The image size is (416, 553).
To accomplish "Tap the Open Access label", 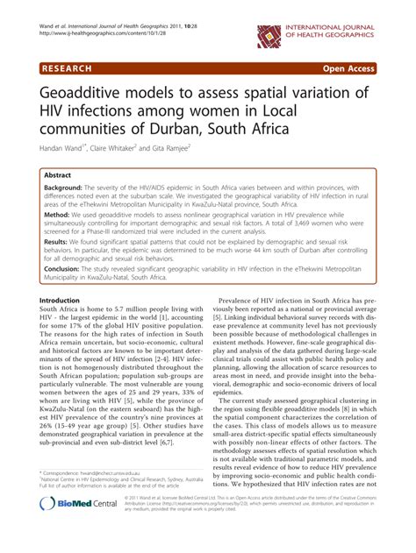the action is tap(369, 67).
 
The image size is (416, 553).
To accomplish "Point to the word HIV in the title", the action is tap(56, 114).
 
